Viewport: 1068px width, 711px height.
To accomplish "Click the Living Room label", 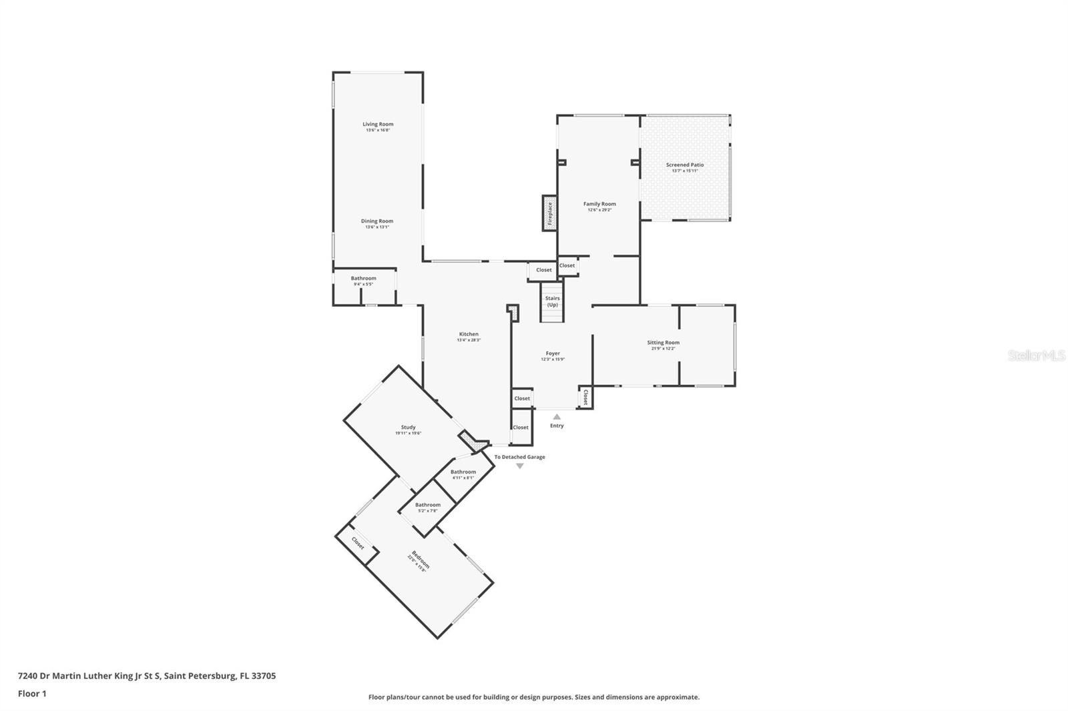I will (378, 124).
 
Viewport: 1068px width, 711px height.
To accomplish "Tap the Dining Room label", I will (377, 221).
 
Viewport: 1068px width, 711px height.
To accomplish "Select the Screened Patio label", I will (684, 165).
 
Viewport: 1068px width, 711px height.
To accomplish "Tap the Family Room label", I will (599, 204).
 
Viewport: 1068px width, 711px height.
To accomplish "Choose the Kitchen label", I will (469, 334).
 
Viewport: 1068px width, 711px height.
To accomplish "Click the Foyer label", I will (553, 353).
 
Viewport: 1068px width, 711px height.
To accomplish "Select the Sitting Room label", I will (663, 343).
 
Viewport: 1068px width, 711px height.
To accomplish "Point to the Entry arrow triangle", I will (557, 417).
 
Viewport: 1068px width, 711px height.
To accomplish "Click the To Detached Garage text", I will (519, 457).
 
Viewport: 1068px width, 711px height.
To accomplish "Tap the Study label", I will (408, 428).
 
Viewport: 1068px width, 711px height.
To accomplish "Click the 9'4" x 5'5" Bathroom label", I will (364, 278).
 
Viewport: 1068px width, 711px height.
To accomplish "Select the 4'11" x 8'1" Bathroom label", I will (463, 472).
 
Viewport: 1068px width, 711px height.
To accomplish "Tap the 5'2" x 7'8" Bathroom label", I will (428, 505).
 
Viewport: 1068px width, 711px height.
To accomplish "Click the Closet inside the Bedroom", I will (358, 544).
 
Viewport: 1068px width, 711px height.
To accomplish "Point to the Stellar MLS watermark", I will (1037, 356).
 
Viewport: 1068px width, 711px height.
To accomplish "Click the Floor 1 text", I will (32, 694).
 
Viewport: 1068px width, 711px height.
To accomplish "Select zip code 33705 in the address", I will (262, 676).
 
